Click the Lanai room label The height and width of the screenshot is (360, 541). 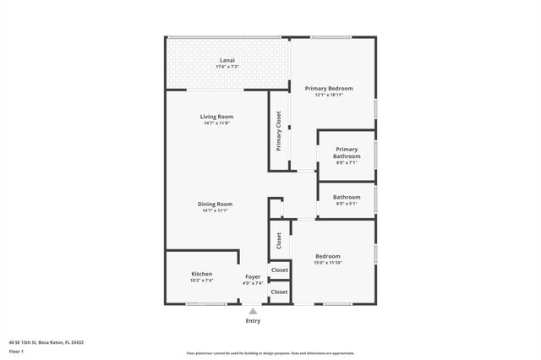[x=227, y=60]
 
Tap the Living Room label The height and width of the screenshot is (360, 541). [x=216, y=116]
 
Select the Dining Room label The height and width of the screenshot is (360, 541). [x=216, y=204]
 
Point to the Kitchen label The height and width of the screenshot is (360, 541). [x=201, y=274]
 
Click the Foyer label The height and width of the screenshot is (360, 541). [x=253, y=276]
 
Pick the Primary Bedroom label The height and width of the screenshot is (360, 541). [x=329, y=88]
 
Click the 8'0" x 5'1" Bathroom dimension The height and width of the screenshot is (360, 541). [x=347, y=204]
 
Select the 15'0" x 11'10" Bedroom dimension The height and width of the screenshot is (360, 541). [x=328, y=263]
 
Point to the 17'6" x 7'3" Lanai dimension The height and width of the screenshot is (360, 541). [x=227, y=67]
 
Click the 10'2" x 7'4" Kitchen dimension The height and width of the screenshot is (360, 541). [x=201, y=281]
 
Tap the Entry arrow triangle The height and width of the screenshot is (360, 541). [x=253, y=312]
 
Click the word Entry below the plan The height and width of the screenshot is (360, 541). [x=253, y=321]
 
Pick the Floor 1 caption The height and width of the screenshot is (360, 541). [x=17, y=350]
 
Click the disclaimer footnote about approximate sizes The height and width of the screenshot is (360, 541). [x=270, y=352]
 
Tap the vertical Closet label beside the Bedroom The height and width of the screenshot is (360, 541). [x=279, y=241]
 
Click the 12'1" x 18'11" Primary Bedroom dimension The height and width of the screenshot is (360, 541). [x=329, y=95]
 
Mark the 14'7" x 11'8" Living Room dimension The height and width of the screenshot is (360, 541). [x=216, y=123]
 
